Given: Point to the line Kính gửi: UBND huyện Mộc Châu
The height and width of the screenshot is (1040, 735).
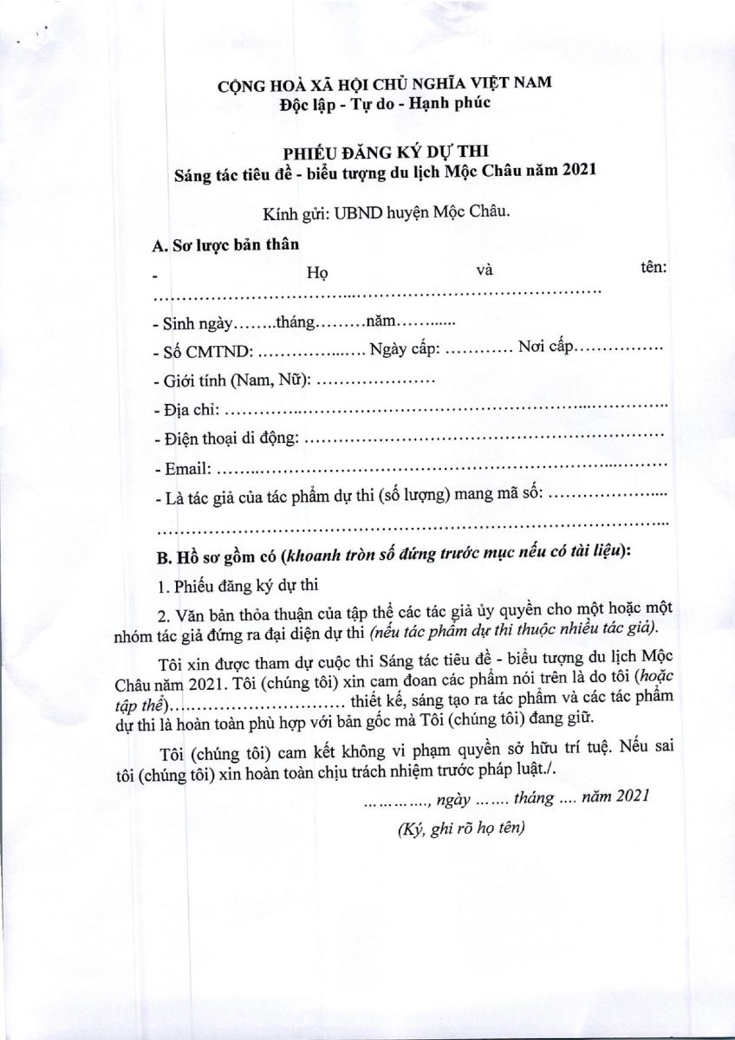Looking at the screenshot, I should click(387, 211).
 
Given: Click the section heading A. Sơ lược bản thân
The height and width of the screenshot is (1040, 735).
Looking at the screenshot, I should click(226, 245).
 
